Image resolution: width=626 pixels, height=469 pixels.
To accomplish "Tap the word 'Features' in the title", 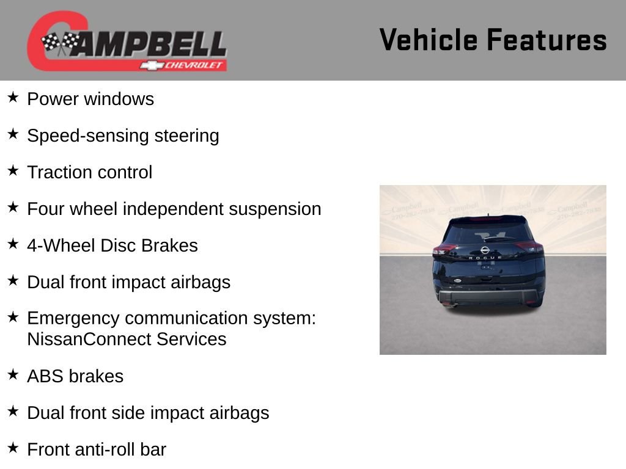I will point(547,40).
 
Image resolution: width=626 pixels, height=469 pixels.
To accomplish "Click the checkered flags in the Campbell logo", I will point(60,43).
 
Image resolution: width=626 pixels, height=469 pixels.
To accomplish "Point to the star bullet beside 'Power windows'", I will point(13,98).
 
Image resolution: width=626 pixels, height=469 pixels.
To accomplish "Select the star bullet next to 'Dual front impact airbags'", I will point(13,281).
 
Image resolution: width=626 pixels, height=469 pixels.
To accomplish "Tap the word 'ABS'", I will point(46,376).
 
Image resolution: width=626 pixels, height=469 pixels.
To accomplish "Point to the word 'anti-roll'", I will point(105,449).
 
